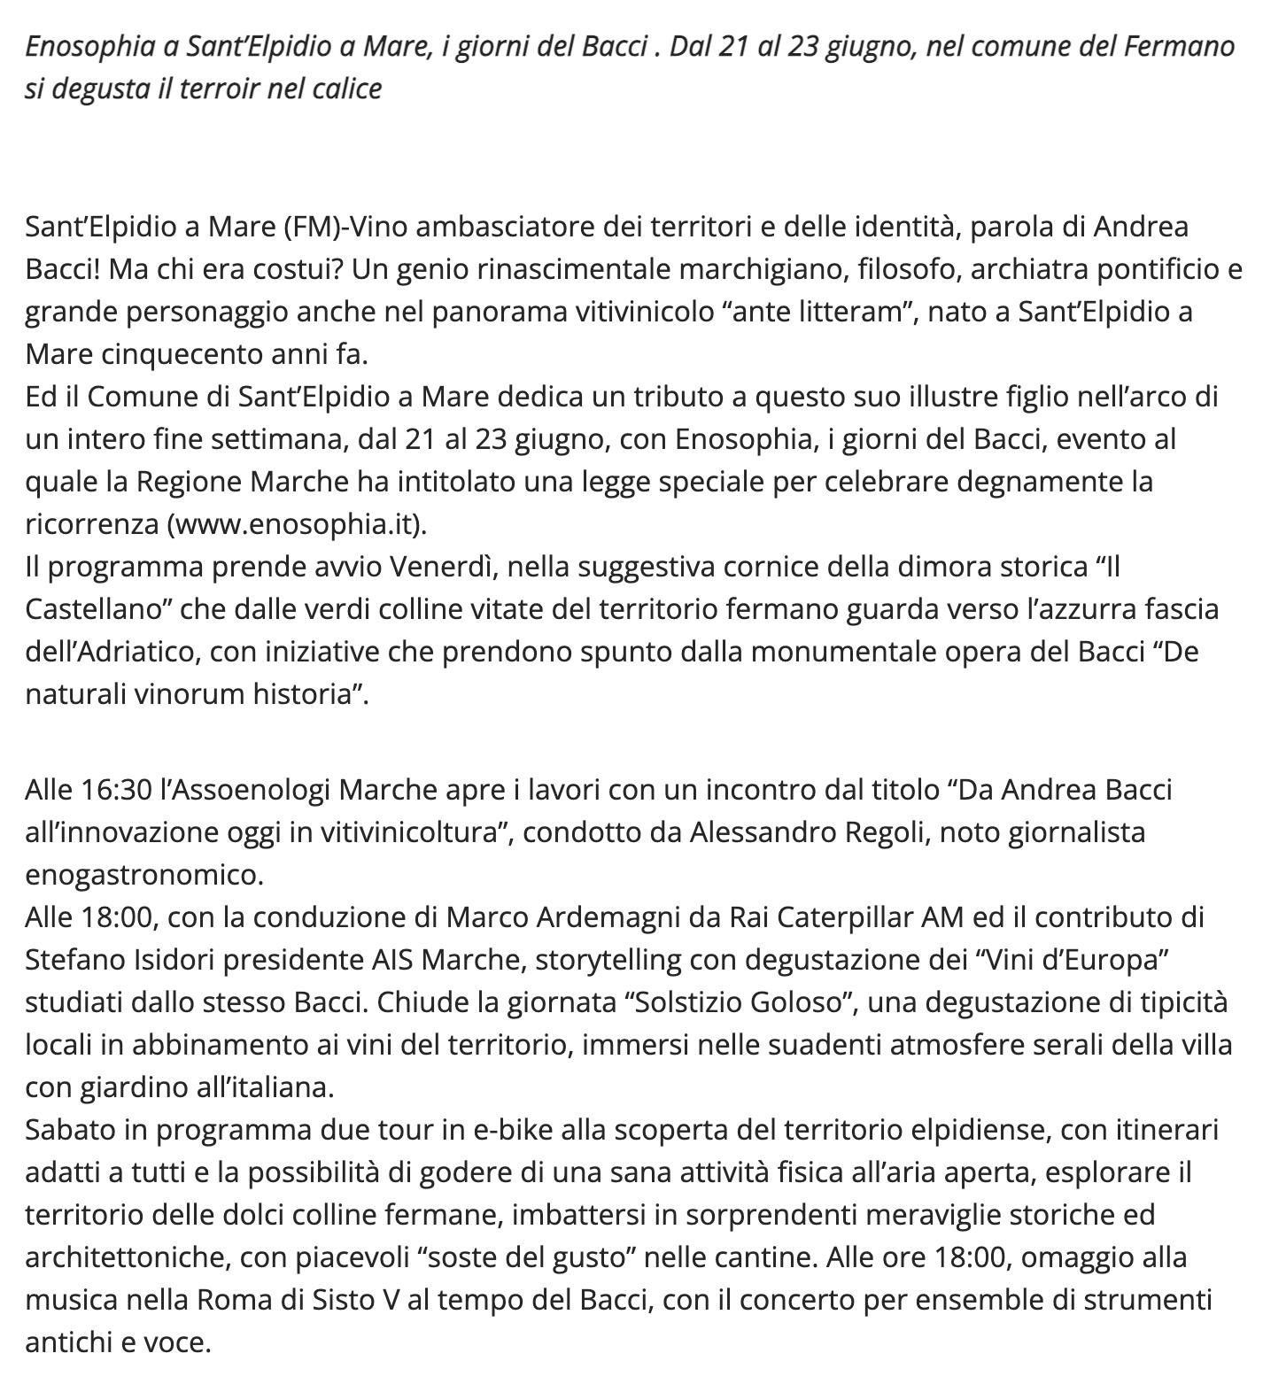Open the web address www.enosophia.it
(x=298, y=524)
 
